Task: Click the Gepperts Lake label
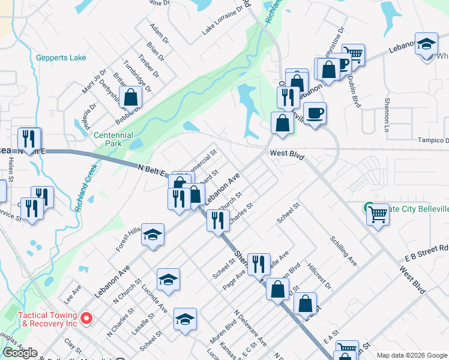[61, 58]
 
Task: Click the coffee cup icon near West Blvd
[315, 112]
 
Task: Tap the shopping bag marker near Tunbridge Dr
[130, 97]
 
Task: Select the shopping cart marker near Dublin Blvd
[354, 54]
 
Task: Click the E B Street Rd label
[426, 252]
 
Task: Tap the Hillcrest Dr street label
[318, 275]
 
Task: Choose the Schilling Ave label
[343, 251]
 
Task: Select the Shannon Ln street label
[387, 115]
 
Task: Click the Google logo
[20, 353]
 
